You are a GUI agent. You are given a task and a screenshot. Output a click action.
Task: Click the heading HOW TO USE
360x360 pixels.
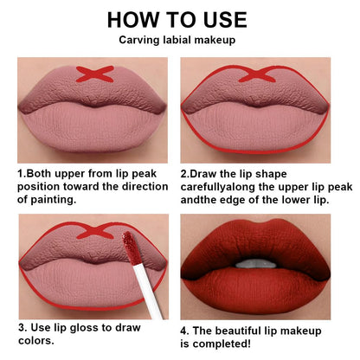180,19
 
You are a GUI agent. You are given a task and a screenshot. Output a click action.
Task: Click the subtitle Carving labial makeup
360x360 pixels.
180,40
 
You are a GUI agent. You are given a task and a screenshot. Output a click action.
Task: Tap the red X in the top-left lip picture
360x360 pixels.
88,73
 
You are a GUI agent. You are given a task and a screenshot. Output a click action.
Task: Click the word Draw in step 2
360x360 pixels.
209,173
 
